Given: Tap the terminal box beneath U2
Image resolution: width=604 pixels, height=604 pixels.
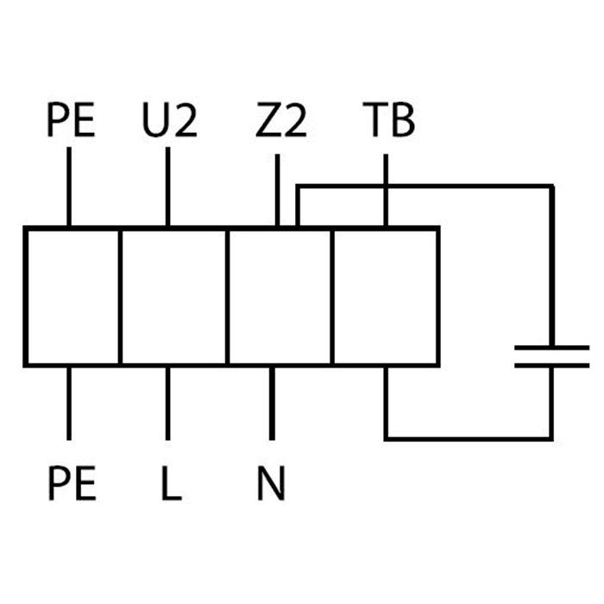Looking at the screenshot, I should coord(173,296).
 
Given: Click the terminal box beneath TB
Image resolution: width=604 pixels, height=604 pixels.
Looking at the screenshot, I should coord(386,296).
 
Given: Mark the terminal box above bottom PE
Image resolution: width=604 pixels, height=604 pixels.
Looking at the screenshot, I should coord(72,296).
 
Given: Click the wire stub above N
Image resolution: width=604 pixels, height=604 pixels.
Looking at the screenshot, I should coord(272,402).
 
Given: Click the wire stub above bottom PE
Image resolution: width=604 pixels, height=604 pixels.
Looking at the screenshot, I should coord(69,402).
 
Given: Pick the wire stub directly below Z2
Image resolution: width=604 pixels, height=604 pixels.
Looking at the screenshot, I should coord(277,191).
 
